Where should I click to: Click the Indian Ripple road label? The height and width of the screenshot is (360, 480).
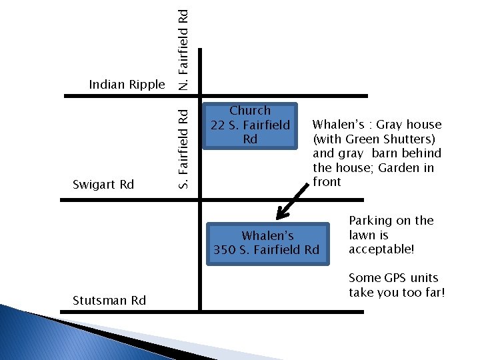[x=127, y=85]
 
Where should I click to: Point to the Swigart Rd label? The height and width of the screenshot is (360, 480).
[x=103, y=184]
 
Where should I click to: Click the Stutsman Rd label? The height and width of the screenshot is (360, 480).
[x=109, y=300]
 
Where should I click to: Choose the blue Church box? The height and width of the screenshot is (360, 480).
[x=250, y=125]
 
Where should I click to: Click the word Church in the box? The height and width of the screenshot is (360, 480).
[x=250, y=111]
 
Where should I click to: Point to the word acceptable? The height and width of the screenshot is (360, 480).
[x=381, y=249]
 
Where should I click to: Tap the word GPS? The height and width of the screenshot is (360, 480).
[x=395, y=278]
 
